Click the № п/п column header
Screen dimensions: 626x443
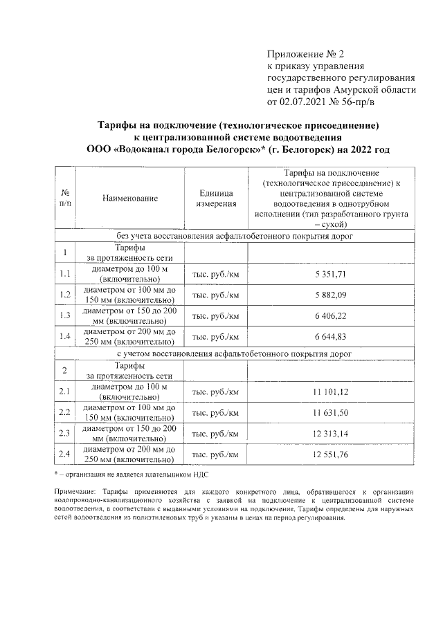(x=65, y=199)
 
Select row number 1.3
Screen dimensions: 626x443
(x=65, y=316)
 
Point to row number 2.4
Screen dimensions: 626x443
(x=65, y=454)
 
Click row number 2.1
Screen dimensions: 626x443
(x=65, y=392)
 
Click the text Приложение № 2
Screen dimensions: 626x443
(x=305, y=54)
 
